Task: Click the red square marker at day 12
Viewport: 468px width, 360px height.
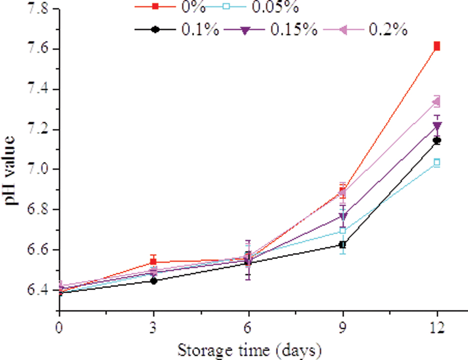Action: (437, 47)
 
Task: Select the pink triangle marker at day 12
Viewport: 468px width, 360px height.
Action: (436, 102)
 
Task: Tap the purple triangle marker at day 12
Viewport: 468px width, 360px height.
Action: (437, 126)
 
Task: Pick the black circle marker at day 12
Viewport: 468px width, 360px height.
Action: (437, 141)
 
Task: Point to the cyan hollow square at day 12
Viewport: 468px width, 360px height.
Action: (437, 162)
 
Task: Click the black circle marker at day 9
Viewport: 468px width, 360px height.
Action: (342, 245)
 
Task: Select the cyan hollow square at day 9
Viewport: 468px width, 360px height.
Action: (342, 231)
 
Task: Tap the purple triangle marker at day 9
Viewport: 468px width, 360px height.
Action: (342, 216)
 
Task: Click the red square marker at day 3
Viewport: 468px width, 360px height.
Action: (154, 262)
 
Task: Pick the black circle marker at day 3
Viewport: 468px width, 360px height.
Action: (154, 281)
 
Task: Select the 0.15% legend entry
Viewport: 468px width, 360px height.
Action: (294, 30)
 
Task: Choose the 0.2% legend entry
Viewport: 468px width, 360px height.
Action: (388, 30)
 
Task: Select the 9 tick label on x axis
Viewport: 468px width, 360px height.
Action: (343, 328)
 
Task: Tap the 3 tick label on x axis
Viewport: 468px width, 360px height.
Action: (154, 328)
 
